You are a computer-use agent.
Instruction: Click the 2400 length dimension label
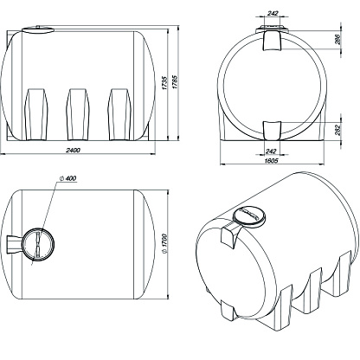73,150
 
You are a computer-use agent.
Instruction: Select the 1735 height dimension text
164,83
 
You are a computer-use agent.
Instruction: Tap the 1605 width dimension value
271,161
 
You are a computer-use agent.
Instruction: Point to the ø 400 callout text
68,178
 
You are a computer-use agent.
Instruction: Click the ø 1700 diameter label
164,244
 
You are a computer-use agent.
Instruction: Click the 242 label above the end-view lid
273,13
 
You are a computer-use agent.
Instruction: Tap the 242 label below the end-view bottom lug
271,151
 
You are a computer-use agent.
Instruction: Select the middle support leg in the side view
77,114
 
